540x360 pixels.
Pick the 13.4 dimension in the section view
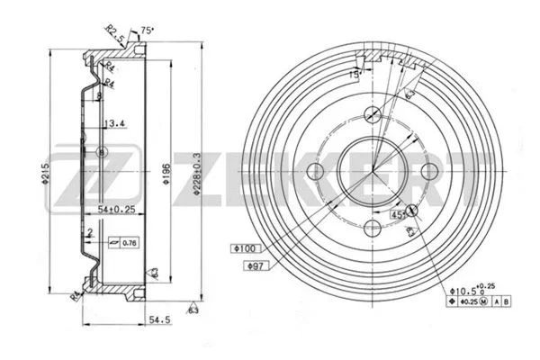[113, 124]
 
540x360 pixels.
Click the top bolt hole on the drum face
[373, 113]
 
